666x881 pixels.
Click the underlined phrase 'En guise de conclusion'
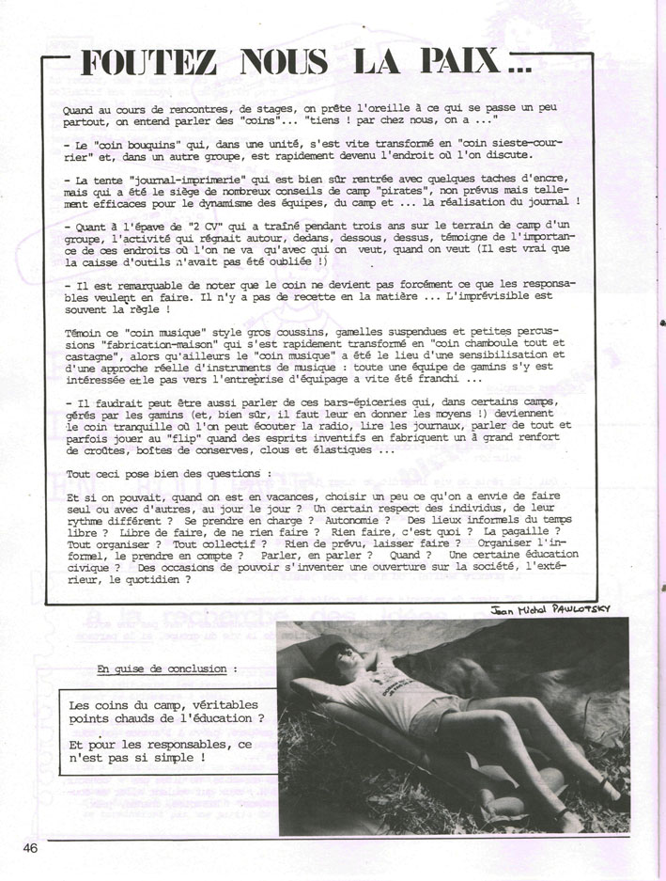[x=165, y=669]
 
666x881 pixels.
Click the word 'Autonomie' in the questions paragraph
[x=348, y=519]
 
